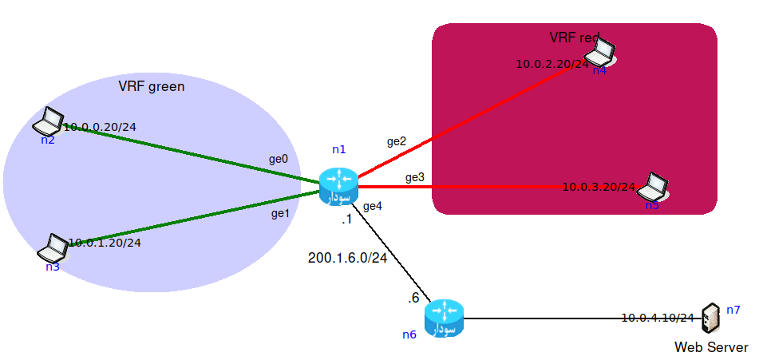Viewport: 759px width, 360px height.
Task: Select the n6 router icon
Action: click(444, 318)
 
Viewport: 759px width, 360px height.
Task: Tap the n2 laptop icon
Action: click(49, 121)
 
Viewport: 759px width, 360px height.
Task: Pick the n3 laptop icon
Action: click(53, 248)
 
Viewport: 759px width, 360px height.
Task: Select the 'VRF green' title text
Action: click(152, 86)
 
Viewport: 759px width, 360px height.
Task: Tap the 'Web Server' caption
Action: click(711, 347)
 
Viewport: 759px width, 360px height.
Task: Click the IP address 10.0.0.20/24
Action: click(100, 127)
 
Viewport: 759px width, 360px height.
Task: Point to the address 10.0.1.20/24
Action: click(105, 243)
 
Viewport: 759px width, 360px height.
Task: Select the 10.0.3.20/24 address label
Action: click(599, 187)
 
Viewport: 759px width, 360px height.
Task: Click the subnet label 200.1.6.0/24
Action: click(347, 258)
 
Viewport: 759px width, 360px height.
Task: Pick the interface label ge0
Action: click(278, 160)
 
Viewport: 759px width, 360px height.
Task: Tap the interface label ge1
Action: click(279, 213)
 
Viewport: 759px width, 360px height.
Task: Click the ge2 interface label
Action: click(397, 141)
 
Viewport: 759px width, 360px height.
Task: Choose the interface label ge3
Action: click(414, 176)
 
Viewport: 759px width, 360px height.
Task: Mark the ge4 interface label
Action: click(373, 206)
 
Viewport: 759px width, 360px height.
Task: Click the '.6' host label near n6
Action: click(413, 298)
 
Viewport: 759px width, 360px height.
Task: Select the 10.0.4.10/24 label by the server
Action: click(658, 318)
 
